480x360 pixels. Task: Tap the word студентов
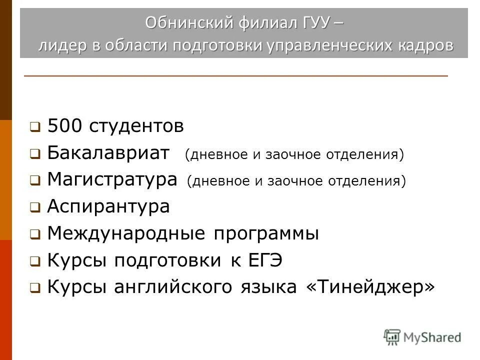pyautogui.click(x=137, y=126)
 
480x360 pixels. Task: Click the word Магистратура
pyautogui.click(x=112, y=180)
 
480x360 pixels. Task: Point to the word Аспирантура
pyautogui.click(x=108, y=206)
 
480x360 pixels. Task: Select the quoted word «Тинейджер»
pyautogui.click(x=370, y=286)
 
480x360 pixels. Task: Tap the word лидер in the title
pyautogui.click(x=61, y=45)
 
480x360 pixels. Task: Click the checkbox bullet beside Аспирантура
pyautogui.click(x=34, y=207)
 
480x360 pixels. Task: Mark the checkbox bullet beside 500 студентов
pyautogui.click(x=34, y=127)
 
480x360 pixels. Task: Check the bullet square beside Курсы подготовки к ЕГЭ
pyautogui.click(x=34, y=261)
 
